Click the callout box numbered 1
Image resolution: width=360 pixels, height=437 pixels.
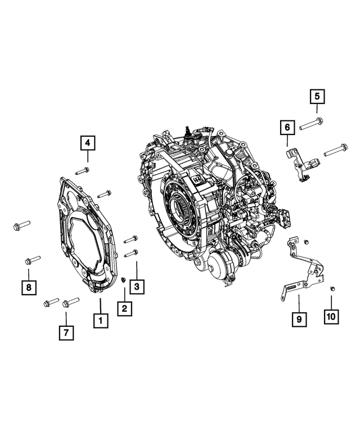point(101,321)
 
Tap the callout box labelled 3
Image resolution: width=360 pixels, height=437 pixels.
point(137,287)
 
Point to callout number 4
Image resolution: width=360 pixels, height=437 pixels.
point(88,143)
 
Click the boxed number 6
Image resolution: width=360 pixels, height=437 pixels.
point(287,129)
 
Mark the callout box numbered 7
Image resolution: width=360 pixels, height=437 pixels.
point(66,332)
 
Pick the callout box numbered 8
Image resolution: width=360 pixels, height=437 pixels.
point(27,288)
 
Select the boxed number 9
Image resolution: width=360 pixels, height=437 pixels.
point(299,319)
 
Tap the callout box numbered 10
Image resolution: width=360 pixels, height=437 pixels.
point(331,317)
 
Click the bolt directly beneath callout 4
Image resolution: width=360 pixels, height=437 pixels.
point(83,169)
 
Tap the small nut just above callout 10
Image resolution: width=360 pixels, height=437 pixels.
point(332,289)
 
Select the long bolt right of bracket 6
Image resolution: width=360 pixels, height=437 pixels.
point(334,150)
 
